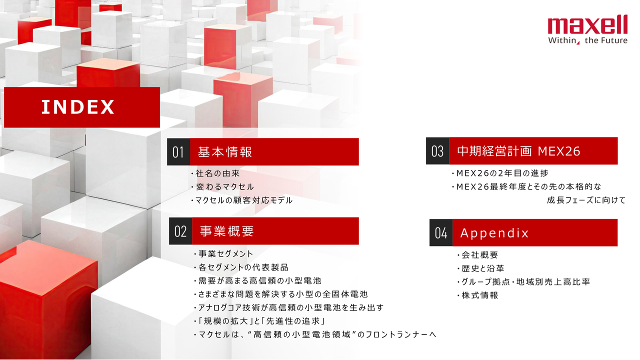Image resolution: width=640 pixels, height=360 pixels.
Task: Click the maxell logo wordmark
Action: pyautogui.click(x=587, y=24)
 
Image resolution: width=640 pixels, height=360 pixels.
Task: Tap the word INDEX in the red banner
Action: pyautogui.click(x=77, y=107)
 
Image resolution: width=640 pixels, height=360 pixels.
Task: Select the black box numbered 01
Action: pyautogui.click(x=178, y=151)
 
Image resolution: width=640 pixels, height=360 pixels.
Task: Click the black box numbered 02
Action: pyautogui.click(x=180, y=231)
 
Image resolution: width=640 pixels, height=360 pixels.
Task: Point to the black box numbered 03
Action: pyautogui.click(x=437, y=151)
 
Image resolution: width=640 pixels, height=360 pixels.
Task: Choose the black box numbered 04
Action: pyautogui.click(x=441, y=232)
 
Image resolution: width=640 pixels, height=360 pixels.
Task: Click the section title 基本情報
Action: pyautogui.click(x=225, y=152)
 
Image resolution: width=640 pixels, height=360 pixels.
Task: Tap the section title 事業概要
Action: pyautogui.click(x=227, y=231)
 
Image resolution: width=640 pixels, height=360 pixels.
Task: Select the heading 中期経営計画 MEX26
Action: pyautogui.click(x=518, y=151)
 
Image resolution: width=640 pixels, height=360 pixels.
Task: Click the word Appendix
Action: pyautogui.click(x=494, y=233)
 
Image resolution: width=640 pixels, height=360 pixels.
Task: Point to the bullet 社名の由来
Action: pyautogui.click(x=215, y=173)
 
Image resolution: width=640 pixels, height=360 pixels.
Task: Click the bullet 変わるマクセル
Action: pyautogui.click(x=222, y=187)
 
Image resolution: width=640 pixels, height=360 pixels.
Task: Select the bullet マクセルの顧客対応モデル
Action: pyautogui.click(x=241, y=200)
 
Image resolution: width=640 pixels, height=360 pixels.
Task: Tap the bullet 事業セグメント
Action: pyautogui.click(x=223, y=253)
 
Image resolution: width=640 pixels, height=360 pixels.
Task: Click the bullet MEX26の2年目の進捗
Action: pyautogui.click(x=500, y=173)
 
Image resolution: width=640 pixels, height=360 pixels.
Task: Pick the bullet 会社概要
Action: pyautogui.click(x=477, y=255)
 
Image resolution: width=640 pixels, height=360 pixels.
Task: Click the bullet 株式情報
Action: pyautogui.click(x=477, y=295)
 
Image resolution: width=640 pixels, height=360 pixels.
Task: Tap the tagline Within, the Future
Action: pyautogui.click(x=587, y=40)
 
